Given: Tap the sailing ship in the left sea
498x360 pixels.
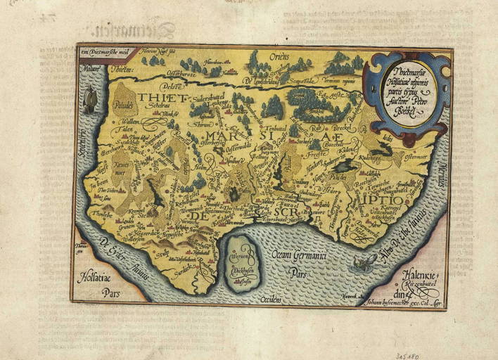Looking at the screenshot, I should [89, 103].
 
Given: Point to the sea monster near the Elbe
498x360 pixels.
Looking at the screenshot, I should [364, 264].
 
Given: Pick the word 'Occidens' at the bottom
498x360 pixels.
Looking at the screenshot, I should [270, 300].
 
